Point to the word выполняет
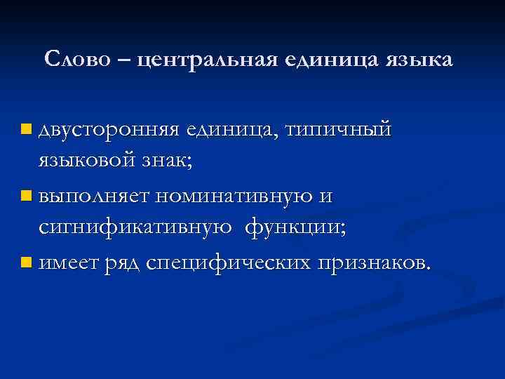95,197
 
